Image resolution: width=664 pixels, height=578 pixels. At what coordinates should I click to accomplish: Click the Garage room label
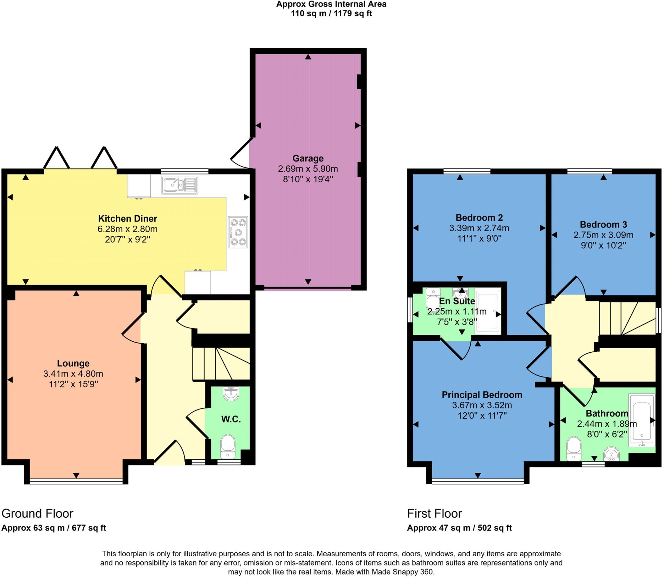(308, 158)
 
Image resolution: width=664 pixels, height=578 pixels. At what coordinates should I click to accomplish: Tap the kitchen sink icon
(179, 185)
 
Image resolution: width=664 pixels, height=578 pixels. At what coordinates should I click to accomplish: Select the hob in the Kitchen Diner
(238, 232)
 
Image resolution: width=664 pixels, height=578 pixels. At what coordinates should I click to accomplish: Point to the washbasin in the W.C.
(231, 394)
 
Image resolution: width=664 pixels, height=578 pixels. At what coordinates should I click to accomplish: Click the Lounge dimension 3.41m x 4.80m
(73, 374)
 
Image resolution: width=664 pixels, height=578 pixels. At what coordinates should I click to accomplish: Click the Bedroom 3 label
(603, 224)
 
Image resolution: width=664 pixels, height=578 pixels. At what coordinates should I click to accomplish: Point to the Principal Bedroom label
(482, 395)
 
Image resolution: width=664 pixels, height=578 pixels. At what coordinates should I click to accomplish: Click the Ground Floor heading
(37, 513)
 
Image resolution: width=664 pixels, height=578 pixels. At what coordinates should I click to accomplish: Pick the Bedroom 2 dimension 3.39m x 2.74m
(479, 228)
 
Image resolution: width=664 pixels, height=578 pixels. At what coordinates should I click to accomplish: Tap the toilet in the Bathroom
(574, 448)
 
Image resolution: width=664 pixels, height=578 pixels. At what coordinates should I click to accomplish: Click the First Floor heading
(434, 513)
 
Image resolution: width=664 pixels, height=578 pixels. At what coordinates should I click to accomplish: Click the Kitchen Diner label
(127, 218)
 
